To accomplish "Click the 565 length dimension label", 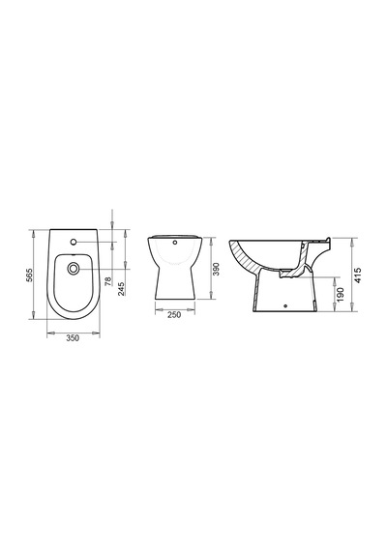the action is (30, 275).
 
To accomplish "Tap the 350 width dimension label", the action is (74, 338).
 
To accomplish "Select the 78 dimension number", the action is (108, 280).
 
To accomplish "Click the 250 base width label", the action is (174, 314).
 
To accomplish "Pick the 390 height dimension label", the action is (217, 269).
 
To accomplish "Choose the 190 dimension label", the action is (341, 295).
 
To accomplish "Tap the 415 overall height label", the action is (358, 275).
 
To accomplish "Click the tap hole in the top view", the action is (74, 242).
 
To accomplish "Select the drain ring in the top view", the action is (74, 269).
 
